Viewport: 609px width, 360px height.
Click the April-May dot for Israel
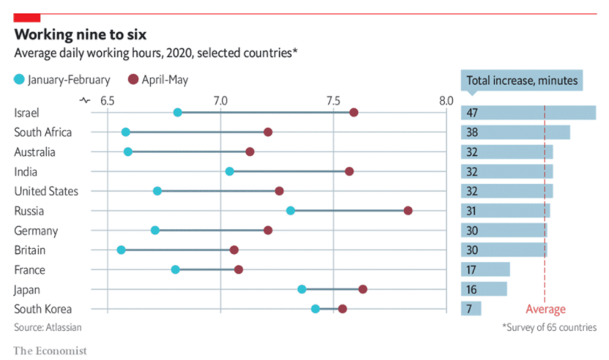[x=354, y=112]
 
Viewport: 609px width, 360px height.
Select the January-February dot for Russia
[x=290, y=211]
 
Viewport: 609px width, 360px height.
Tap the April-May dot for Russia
[x=408, y=211]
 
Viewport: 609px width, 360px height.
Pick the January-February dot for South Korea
[x=316, y=309]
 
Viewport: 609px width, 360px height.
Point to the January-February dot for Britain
[x=121, y=250]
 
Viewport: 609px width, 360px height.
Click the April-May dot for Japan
[x=362, y=289]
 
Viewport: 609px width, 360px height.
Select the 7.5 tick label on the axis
[x=333, y=100]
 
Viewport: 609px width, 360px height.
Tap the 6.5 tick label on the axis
[x=108, y=100]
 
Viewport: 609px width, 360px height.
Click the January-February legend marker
[x=19, y=79]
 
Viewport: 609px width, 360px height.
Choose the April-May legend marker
[x=134, y=79]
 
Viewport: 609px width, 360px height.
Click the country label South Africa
[x=43, y=132]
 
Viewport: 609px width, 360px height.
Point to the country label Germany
[x=36, y=231]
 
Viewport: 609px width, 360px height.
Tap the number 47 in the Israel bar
[x=472, y=113]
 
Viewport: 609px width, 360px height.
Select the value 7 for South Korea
[x=469, y=309]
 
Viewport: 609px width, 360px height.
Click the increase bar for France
[x=486, y=269]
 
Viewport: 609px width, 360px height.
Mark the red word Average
[x=545, y=310]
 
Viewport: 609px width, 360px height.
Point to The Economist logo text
[x=50, y=350]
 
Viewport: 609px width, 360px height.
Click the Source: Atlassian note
[x=48, y=327]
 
